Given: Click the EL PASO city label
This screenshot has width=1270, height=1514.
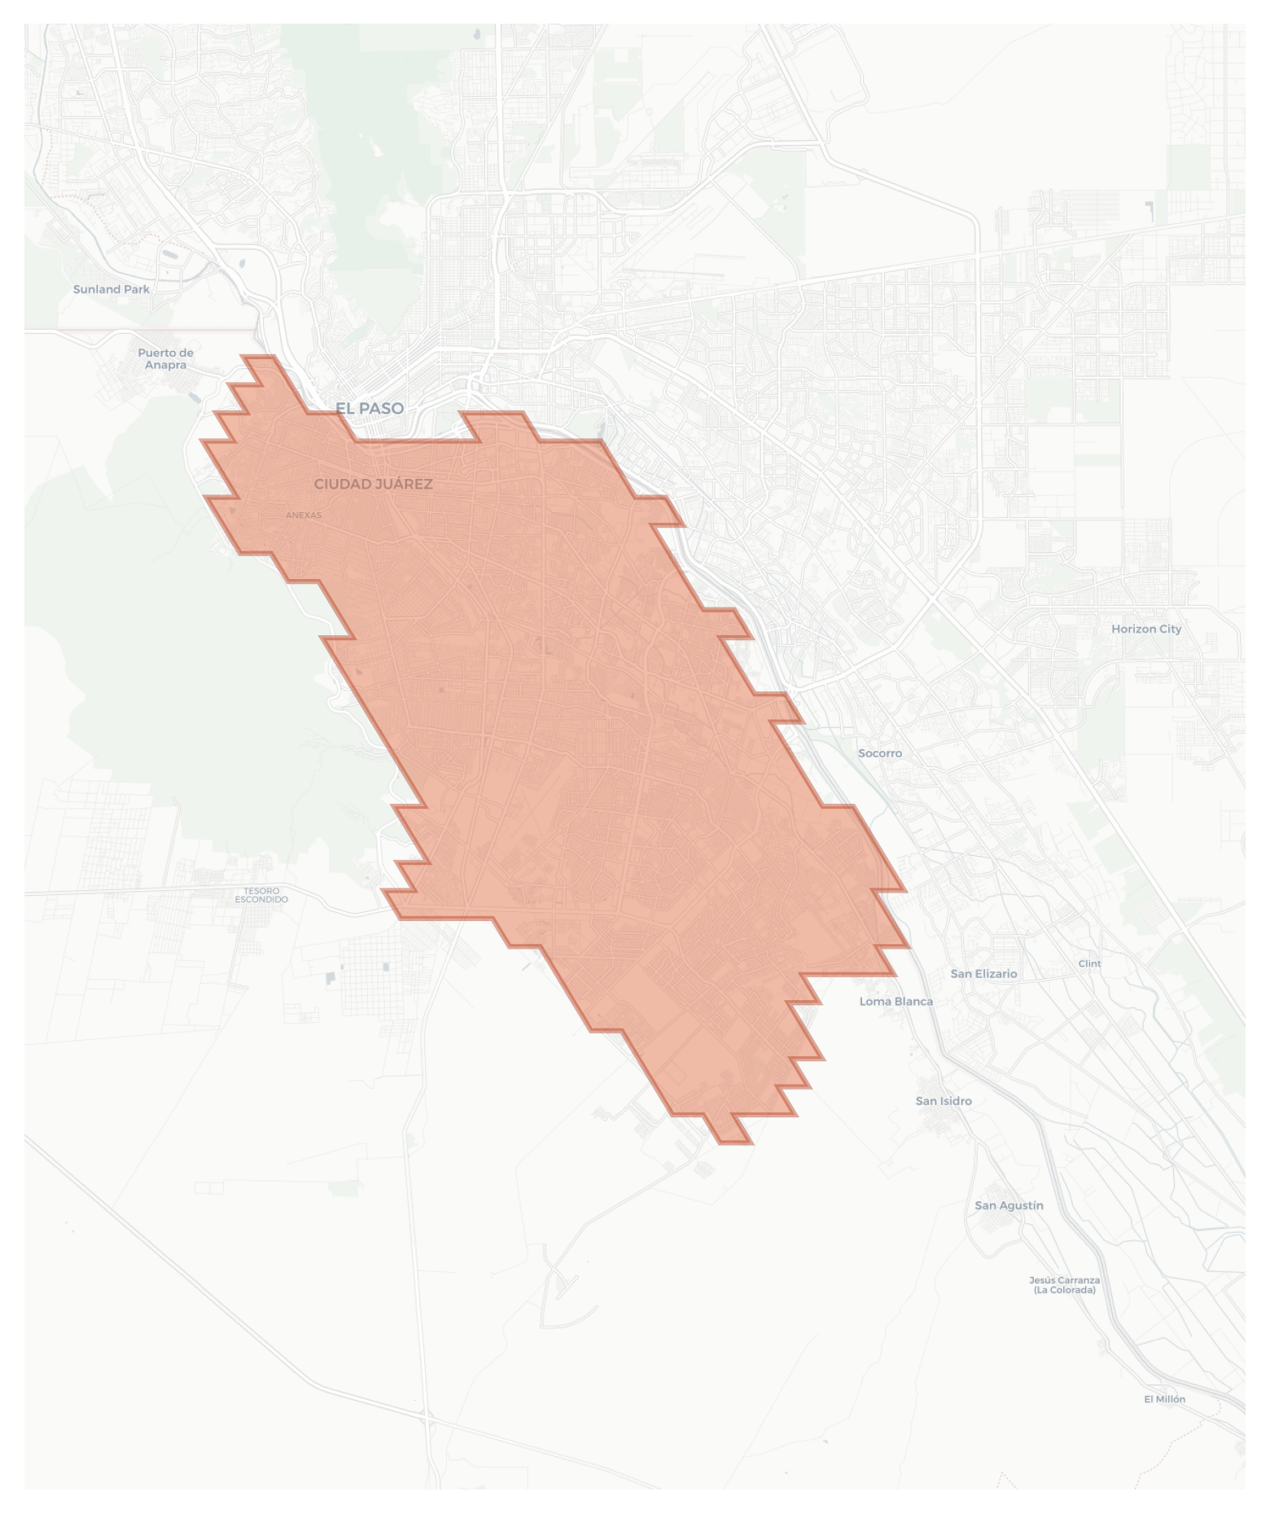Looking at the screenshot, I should pos(370,408).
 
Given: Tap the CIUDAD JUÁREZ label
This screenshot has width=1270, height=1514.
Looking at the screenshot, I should pos(373,484).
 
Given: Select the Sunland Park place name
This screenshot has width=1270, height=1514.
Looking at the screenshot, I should pos(112,289).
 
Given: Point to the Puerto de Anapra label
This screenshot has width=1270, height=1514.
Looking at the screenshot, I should pos(165,358).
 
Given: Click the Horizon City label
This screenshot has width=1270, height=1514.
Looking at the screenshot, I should pos(1146,629).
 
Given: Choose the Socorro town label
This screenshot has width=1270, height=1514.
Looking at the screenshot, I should pos(880,753).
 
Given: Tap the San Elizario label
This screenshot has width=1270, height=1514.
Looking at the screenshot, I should pos(983,973).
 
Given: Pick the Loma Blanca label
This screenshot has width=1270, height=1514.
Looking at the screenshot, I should pos(896,1001).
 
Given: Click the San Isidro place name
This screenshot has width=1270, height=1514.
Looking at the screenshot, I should pos(944,1101).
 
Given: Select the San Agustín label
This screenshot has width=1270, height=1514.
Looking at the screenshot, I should pos(1009,1205).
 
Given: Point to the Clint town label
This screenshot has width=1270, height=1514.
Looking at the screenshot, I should pos(1089,963).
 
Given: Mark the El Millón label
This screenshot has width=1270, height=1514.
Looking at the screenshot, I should pos(1164,1399).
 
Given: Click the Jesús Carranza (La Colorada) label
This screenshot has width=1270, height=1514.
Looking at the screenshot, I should pos(1064,1285).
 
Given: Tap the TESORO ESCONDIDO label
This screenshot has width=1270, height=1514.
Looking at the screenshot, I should pos(261,895).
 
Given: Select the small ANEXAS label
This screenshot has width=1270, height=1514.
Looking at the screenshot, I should pos(304,515).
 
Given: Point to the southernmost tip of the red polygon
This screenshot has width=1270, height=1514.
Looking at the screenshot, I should pos(735,1143).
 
